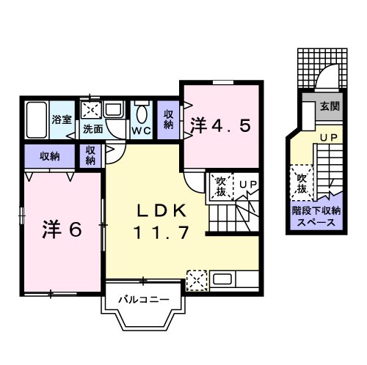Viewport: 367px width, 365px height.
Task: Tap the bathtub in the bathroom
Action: (x=36, y=119)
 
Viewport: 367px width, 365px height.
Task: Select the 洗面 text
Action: (x=92, y=130)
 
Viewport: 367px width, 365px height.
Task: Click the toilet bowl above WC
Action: (x=141, y=113)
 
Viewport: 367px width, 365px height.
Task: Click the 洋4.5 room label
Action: (x=222, y=125)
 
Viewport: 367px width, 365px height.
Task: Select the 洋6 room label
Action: (x=59, y=229)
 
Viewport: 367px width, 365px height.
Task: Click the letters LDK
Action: (x=163, y=210)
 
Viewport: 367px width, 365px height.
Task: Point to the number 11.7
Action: (x=163, y=234)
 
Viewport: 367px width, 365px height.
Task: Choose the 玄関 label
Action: (x=329, y=106)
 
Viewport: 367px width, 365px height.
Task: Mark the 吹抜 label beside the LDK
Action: (x=220, y=188)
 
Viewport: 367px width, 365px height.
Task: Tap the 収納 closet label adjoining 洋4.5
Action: (x=168, y=119)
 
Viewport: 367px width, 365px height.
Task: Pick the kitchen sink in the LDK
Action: (x=223, y=279)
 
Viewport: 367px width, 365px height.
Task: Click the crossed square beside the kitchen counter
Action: (x=196, y=279)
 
